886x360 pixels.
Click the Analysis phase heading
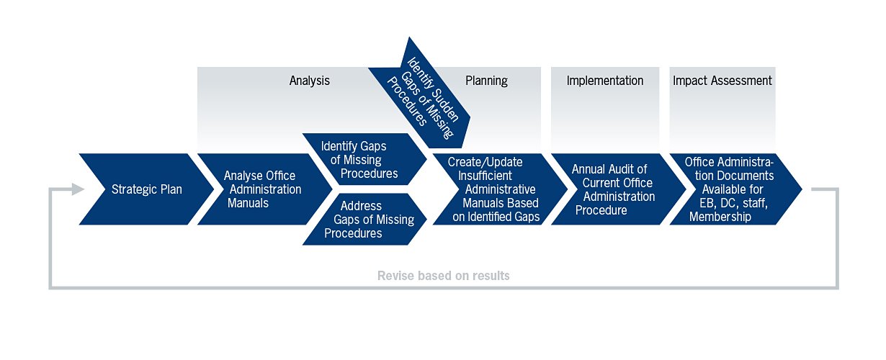pyautogui.click(x=310, y=81)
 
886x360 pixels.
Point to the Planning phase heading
pyautogui.click(x=486, y=81)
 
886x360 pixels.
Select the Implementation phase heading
pyautogui.click(x=605, y=81)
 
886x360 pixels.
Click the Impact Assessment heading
pyautogui.click(x=722, y=81)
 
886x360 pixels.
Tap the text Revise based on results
pyautogui.click(x=444, y=276)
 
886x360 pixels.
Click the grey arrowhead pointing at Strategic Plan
pyautogui.click(x=78, y=189)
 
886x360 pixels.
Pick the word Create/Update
pyautogui.click(x=485, y=161)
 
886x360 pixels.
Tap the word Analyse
pyautogui.click(x=240, y=176)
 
